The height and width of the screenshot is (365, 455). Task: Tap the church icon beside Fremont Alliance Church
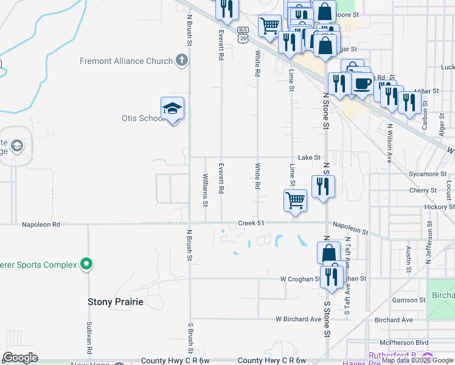tap(181, 60)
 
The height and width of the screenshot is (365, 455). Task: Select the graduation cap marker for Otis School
tap(173, 108)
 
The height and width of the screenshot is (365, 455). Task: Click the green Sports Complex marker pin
tap(86, 264)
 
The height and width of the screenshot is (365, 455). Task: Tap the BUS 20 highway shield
tap(243, 34)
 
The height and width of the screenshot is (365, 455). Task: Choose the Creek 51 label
tap(251, 223)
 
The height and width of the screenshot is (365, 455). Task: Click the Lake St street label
tap(309, 158)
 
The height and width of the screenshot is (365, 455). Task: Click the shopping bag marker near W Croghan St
tap(328, 252)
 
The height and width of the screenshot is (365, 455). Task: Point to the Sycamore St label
tap(428, 174)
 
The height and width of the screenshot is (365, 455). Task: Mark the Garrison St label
tap(409, 300)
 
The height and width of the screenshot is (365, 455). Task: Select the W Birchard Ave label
tap(298, 319)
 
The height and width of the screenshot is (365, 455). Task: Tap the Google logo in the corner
tap(20, 358)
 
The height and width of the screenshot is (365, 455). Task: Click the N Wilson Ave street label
tap(389, 144)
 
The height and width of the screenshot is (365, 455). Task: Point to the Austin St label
tap(407, 258)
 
